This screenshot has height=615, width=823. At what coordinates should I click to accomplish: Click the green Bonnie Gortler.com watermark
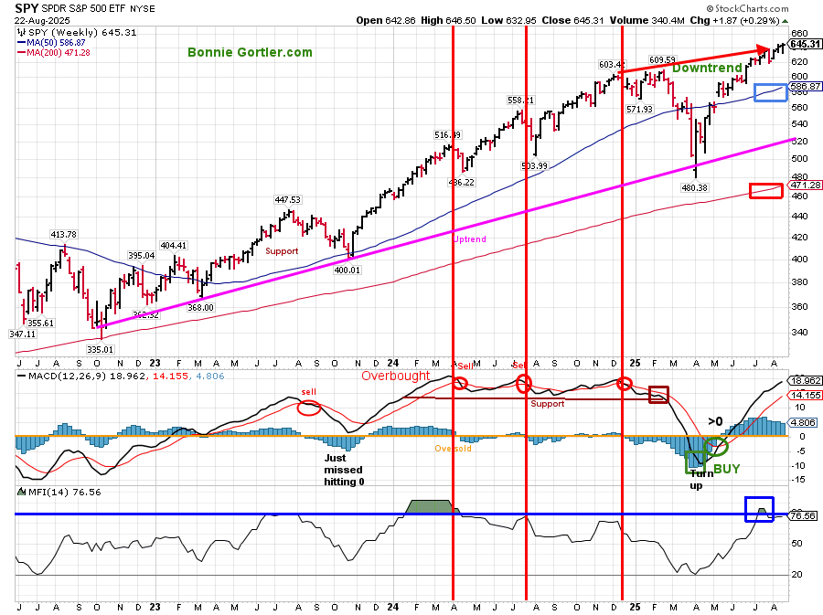click(250, 53)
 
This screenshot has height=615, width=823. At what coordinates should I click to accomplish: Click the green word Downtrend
click(707, 68)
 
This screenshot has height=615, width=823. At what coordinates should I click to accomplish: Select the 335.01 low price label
click(99, 348)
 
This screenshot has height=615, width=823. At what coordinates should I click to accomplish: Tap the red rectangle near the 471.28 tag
click(765, 190)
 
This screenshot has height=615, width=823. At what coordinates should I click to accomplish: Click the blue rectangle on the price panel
click(769, 93)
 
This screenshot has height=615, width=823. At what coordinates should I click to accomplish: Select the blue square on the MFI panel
click(758, 509)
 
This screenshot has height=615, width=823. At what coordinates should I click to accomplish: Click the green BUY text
click(727, 468)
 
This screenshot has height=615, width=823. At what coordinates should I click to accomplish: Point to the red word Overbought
click(395, 376)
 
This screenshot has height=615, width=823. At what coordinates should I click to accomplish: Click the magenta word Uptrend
click(470, 239)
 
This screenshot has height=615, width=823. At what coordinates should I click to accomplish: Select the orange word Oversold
click(452, 449)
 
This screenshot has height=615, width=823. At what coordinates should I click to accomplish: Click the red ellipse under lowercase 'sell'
click(309, 408)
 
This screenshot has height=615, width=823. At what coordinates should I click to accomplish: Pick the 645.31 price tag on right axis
click(804, 43)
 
